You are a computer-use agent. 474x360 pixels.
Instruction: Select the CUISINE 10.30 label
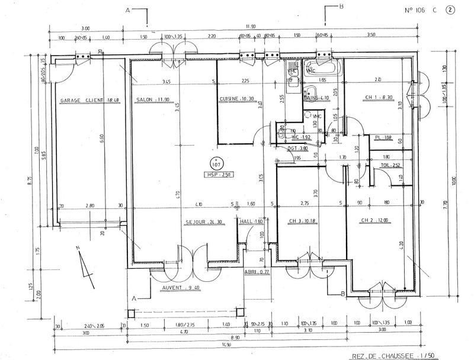point(237,99)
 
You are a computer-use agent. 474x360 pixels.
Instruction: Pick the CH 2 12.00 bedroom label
point(374,221)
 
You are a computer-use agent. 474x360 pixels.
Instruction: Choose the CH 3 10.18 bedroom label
point(301,223)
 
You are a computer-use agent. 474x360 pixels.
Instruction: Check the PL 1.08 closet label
point(384,139)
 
